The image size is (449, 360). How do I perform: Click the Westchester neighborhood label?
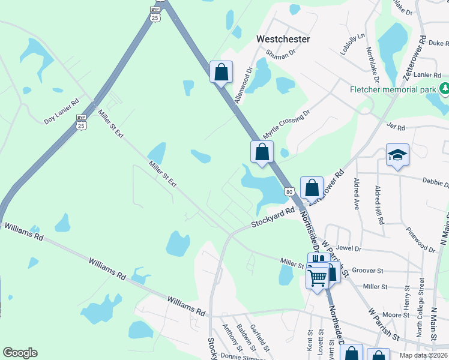click(x=283, y=39)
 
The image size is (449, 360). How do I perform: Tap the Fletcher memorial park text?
click(x=393, y=90)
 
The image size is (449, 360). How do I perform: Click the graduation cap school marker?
click(x=397, y=156)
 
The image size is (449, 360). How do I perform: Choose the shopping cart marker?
click(x=317, y=277)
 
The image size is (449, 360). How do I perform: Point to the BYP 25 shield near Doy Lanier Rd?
click(x=82, y=122)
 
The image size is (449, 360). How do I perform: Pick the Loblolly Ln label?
click(x=352, y=44)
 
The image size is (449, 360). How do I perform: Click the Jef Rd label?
click(x=397, y=127)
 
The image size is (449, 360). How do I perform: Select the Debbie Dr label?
click(x=435, y=182)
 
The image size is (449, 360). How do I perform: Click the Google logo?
click(x=20, y=353)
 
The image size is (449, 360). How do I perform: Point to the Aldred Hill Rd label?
click(x=379, y=205)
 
